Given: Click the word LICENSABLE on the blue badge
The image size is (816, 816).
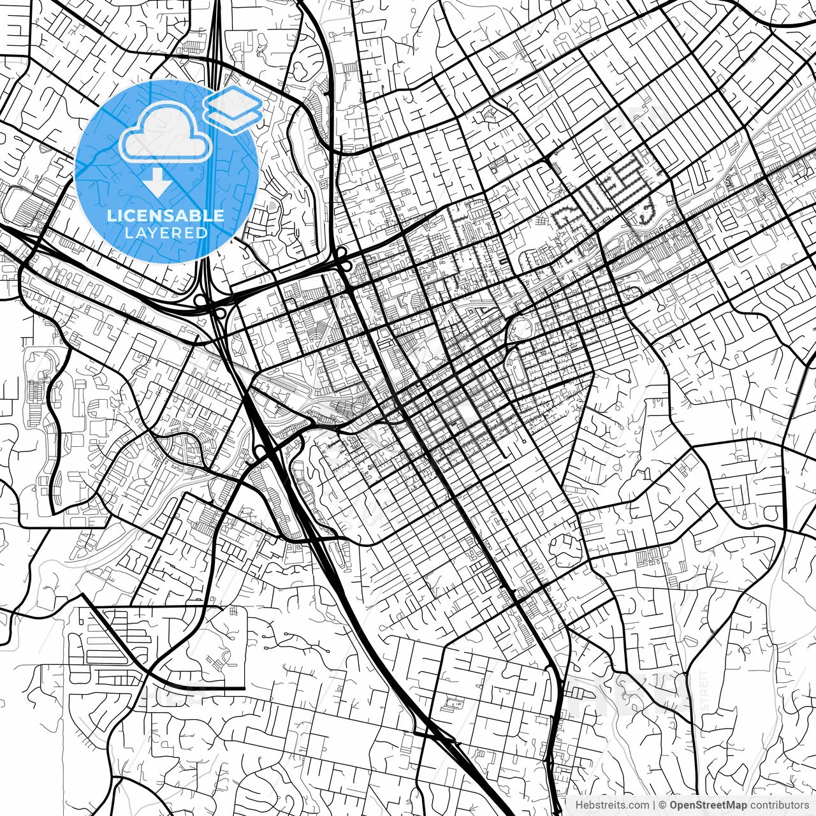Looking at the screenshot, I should pos(166,215).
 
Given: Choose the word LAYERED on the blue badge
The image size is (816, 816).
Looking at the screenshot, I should pos(166,233).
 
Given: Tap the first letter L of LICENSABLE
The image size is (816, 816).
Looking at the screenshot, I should pos(110,215).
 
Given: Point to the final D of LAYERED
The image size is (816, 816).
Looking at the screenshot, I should pos(203,233).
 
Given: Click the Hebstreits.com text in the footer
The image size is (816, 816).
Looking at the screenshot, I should pos(613,805).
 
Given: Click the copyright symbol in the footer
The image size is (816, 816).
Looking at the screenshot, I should pos(663,805).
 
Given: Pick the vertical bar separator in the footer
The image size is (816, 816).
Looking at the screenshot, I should pos(655,805).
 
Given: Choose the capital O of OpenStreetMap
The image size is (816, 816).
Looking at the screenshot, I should pos(674,805).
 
